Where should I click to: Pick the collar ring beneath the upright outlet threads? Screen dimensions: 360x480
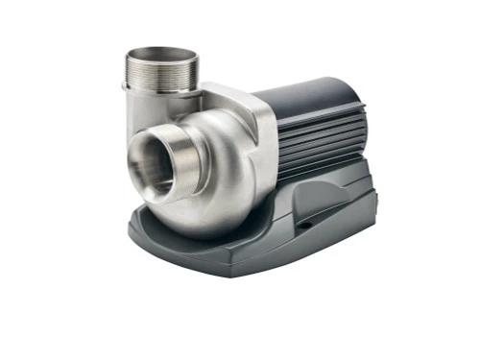click(x=161, y=92)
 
